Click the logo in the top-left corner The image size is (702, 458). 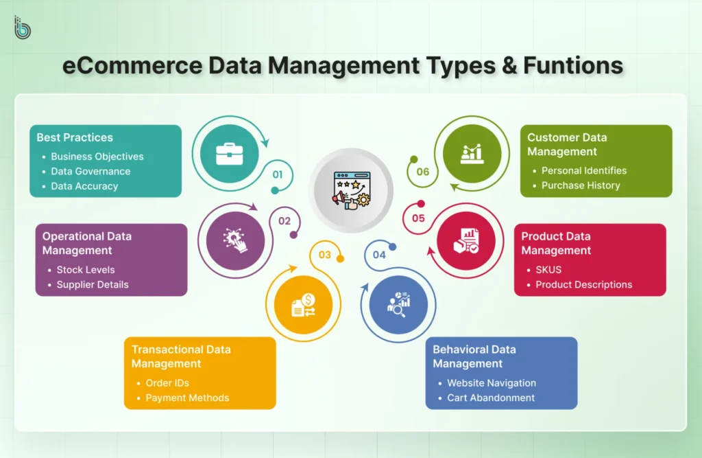point(23,27)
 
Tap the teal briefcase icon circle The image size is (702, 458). point(226,153)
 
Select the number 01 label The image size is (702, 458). point(277,174)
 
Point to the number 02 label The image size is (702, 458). point(285,221)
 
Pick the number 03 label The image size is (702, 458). point(324,255)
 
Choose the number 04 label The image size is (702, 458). point(379,255)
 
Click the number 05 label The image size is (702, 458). point(418,218)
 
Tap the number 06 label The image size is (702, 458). point(423,172)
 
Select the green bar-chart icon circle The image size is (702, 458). point(472,153)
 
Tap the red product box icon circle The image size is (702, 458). point(466,240)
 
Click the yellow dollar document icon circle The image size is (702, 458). point(303,305)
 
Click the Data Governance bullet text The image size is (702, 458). point(90,171)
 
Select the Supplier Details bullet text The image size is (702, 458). point(93,284)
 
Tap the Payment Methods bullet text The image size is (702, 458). point(187,398)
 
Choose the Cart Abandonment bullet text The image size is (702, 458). point(491,398)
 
